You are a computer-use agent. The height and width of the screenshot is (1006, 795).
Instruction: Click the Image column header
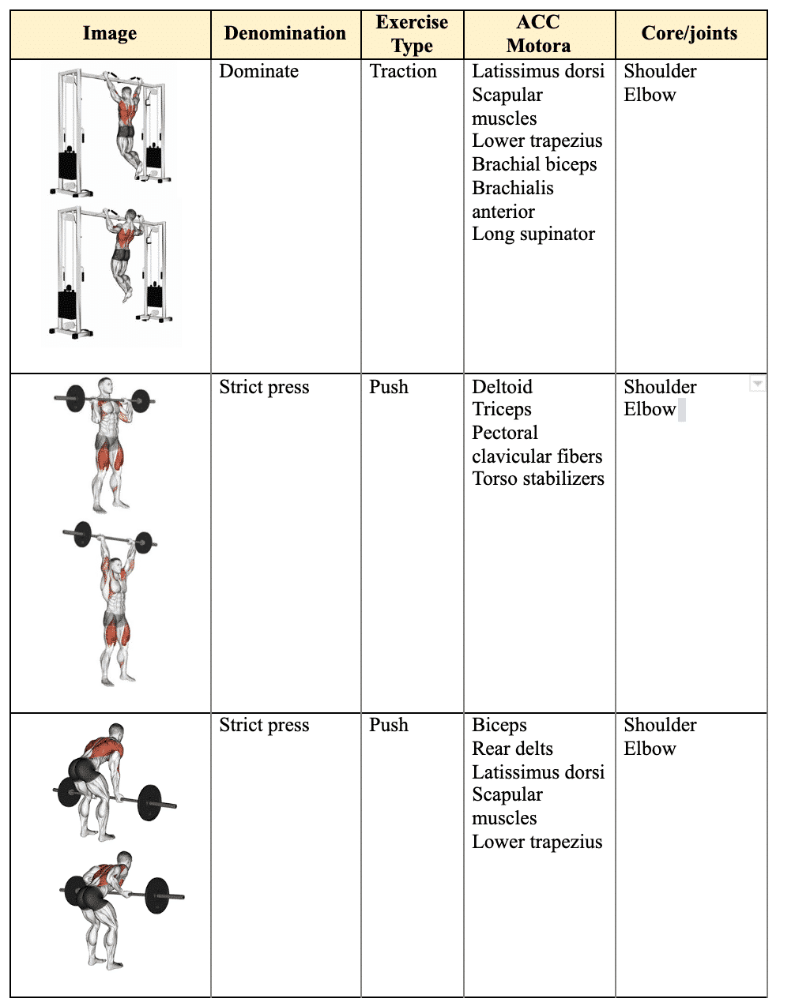[110, 34]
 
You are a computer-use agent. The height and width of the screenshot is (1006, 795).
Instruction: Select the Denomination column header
[285, 34]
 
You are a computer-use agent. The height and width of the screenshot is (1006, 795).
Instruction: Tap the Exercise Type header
[412, 34]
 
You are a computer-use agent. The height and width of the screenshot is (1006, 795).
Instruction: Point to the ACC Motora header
[538, 34]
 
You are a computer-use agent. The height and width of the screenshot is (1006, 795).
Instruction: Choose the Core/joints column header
[689, 34]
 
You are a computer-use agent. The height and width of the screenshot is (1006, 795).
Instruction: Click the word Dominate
[259, 72]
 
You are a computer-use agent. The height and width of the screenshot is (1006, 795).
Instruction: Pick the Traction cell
[403, 72]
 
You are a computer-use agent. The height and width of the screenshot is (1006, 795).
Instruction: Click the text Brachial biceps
[534, 165]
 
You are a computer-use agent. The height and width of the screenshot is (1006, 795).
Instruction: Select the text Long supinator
[533, 235]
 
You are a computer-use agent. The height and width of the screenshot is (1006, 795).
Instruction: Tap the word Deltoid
[502, 387]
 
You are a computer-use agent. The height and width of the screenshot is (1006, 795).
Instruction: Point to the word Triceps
[502, 410]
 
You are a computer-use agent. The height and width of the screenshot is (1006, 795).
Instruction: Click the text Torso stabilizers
[538, 479]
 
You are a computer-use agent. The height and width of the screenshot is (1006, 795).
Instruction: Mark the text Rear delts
[512, 749]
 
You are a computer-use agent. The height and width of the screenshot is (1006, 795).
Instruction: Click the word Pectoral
[505, 434]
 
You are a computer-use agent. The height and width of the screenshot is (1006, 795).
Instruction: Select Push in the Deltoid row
[389, 387]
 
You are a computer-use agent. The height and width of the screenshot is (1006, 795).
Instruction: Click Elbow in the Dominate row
[650, 96]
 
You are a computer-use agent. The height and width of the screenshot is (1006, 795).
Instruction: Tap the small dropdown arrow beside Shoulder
[757, 384]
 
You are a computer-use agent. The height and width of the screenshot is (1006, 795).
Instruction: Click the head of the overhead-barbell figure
[116, 565]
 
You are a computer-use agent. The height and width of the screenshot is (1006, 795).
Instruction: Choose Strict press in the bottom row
[264, 726]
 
